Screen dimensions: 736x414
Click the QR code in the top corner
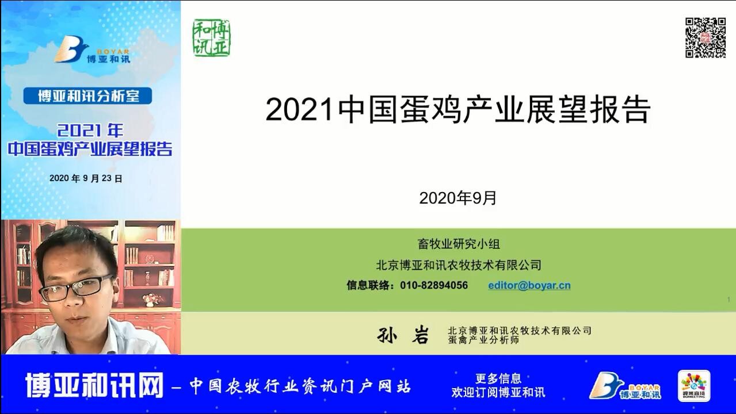(705, 38)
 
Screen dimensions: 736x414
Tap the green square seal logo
(211, 38)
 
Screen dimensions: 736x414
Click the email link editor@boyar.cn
(529, 285)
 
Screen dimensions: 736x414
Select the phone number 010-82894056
(434, 285)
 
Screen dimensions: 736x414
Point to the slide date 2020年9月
(457, 198)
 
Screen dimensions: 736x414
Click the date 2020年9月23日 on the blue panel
(86, 178)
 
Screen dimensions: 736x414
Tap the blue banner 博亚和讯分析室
(87, 96)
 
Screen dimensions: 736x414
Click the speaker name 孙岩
(403, 335)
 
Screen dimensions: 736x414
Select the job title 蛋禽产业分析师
(483, 340)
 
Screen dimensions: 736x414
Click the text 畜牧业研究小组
(459, 244)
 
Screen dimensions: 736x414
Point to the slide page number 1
(729, 300)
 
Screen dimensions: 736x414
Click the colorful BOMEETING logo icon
(694, 386)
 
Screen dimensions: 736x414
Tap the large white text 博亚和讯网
(94, 385)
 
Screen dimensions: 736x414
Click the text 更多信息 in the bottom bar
(498, 378)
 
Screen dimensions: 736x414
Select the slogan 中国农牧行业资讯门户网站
(300, 386)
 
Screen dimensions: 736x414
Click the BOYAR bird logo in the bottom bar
(624, 386)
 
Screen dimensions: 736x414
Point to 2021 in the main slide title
(300, 110)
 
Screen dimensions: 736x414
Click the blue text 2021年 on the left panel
(90, 131)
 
